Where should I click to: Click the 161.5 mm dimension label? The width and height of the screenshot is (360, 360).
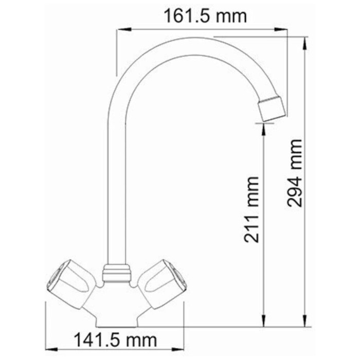coord(205,16)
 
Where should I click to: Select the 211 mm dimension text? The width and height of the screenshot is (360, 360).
coord(251,209)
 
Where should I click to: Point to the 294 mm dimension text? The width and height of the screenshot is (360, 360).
coord(295,173)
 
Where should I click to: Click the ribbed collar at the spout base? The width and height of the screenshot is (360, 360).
coord(117,273)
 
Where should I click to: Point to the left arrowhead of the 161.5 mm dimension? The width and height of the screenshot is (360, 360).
coord(124,29)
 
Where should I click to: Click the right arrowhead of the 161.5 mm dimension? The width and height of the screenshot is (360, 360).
coord(281,29)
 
